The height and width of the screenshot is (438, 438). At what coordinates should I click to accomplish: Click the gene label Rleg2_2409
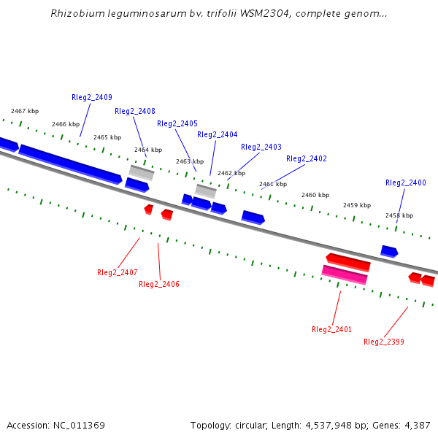[x=92, y=98]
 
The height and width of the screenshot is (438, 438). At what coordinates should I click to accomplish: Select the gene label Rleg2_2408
[x=135, y=112]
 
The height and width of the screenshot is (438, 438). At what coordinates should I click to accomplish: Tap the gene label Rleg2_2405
[x=177, y=124]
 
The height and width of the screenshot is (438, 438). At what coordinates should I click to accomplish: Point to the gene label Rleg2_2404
[x=218, y=135]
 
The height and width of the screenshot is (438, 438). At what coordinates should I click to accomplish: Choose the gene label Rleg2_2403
[x=261, y=147]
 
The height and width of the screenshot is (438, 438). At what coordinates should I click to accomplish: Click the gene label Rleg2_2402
[x=307, y=159]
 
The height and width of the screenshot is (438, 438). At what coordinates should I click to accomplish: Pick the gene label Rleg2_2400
[x=406, y=183]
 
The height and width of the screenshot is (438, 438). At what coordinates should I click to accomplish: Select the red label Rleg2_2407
[x=118, y=273]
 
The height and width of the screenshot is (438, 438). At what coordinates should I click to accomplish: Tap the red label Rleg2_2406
[x=159, y=285]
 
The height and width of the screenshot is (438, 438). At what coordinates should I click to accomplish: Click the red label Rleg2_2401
[x=331, y=330]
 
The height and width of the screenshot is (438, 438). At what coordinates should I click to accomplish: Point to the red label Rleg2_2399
[x=384, y=342]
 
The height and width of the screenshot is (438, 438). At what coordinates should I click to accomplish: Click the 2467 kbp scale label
[x=24, y=112]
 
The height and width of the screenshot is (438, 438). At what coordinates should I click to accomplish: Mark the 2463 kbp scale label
[x=190, y=161]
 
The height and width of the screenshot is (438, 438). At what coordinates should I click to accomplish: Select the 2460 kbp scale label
[x=315, y=196]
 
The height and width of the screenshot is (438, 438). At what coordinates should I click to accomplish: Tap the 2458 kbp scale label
[x=399, y=216]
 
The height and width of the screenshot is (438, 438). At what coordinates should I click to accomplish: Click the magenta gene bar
[x=345, y=274]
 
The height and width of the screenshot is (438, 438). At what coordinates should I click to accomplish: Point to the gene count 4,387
[x=417, y=426]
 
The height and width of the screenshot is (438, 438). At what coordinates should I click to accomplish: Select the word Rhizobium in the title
[x=74, y=14]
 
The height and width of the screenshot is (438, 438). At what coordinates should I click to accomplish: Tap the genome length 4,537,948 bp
[x=321, y=426]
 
